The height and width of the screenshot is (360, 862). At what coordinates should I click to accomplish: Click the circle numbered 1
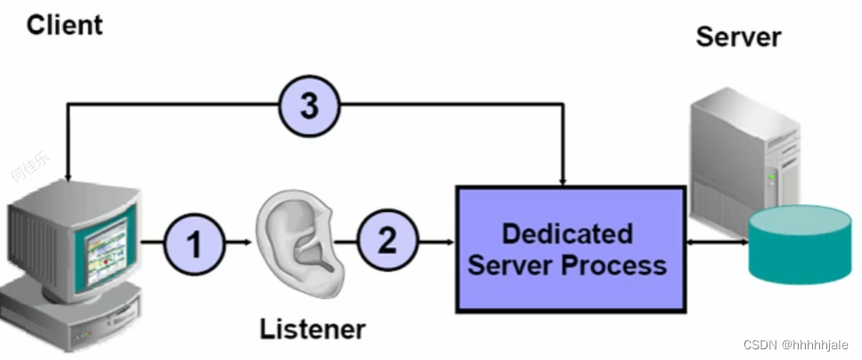(x=193, y=241)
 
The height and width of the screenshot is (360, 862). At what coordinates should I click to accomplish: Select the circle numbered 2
(x=387, y=241)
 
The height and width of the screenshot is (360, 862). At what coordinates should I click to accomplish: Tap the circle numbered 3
(x=308, y=107)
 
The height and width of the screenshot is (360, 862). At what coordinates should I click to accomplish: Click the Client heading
(x=64, y=24)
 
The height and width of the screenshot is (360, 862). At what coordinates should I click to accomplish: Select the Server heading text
(x=738, y=37)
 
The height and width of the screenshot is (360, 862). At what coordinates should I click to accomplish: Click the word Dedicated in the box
(x=567, y=233)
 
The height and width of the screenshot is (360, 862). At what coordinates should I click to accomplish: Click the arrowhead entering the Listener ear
(x=248, y=241)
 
